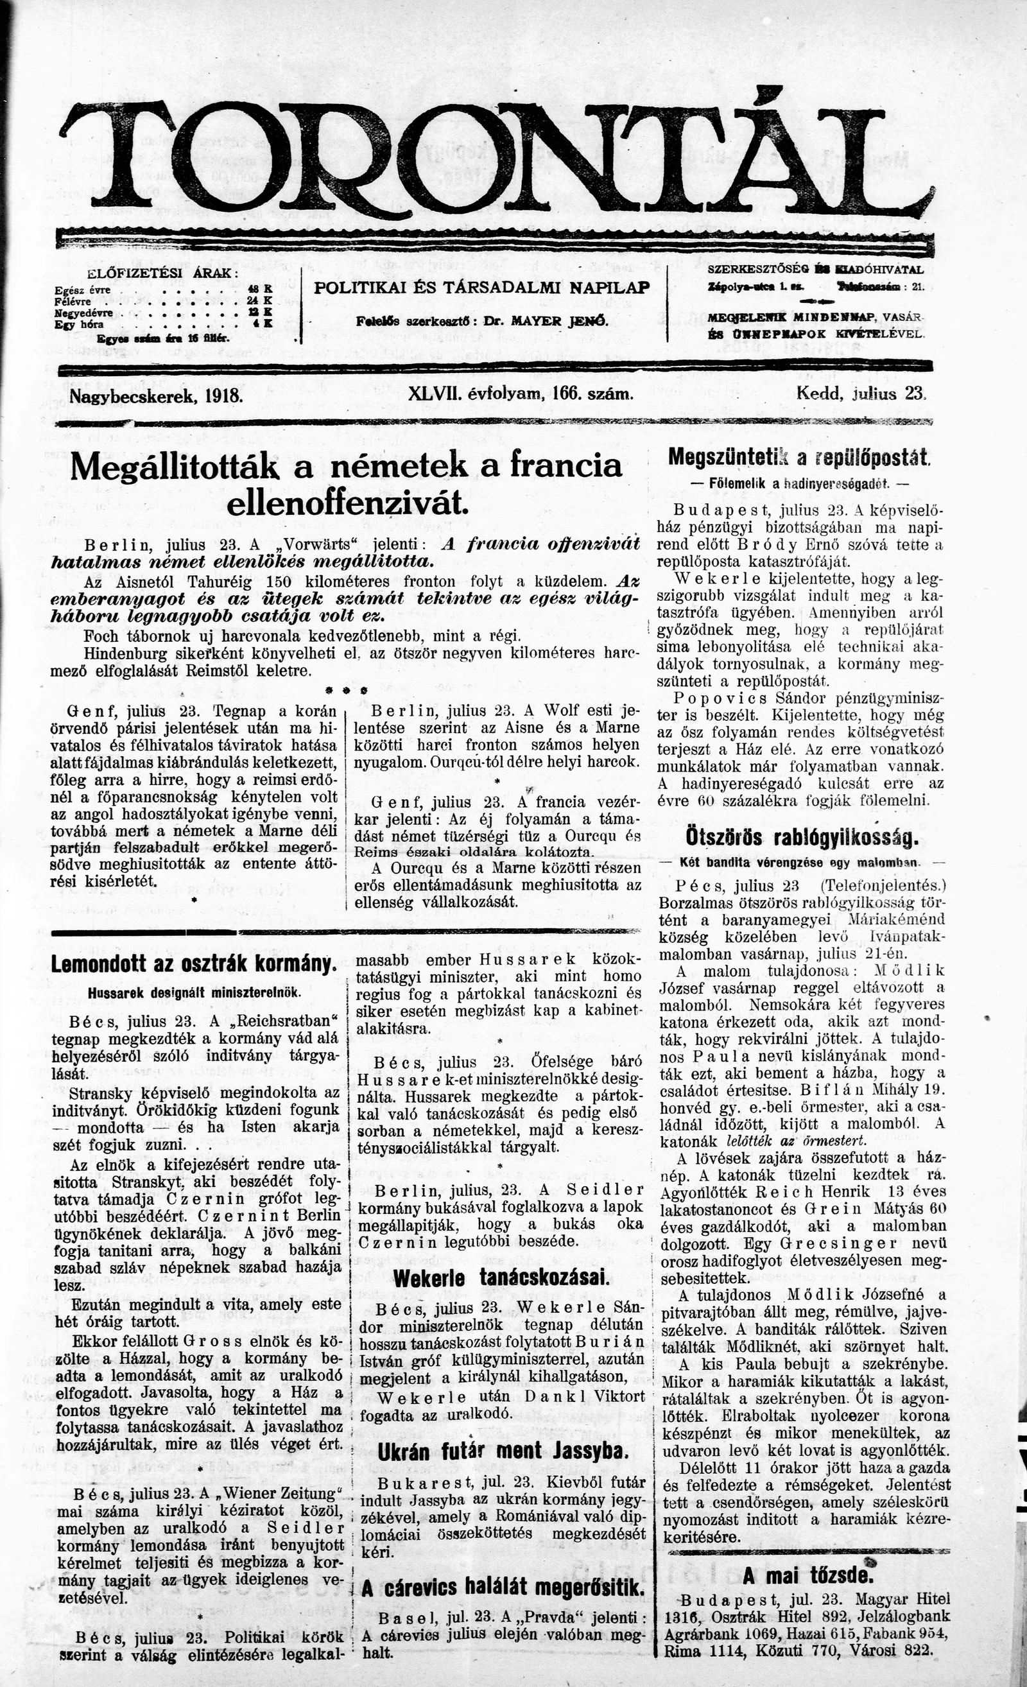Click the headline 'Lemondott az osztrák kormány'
point(194,965)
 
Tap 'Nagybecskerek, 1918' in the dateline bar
point(157,395)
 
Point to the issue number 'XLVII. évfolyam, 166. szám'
point(520,394)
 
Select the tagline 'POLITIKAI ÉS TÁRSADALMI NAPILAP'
point(481,288)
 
